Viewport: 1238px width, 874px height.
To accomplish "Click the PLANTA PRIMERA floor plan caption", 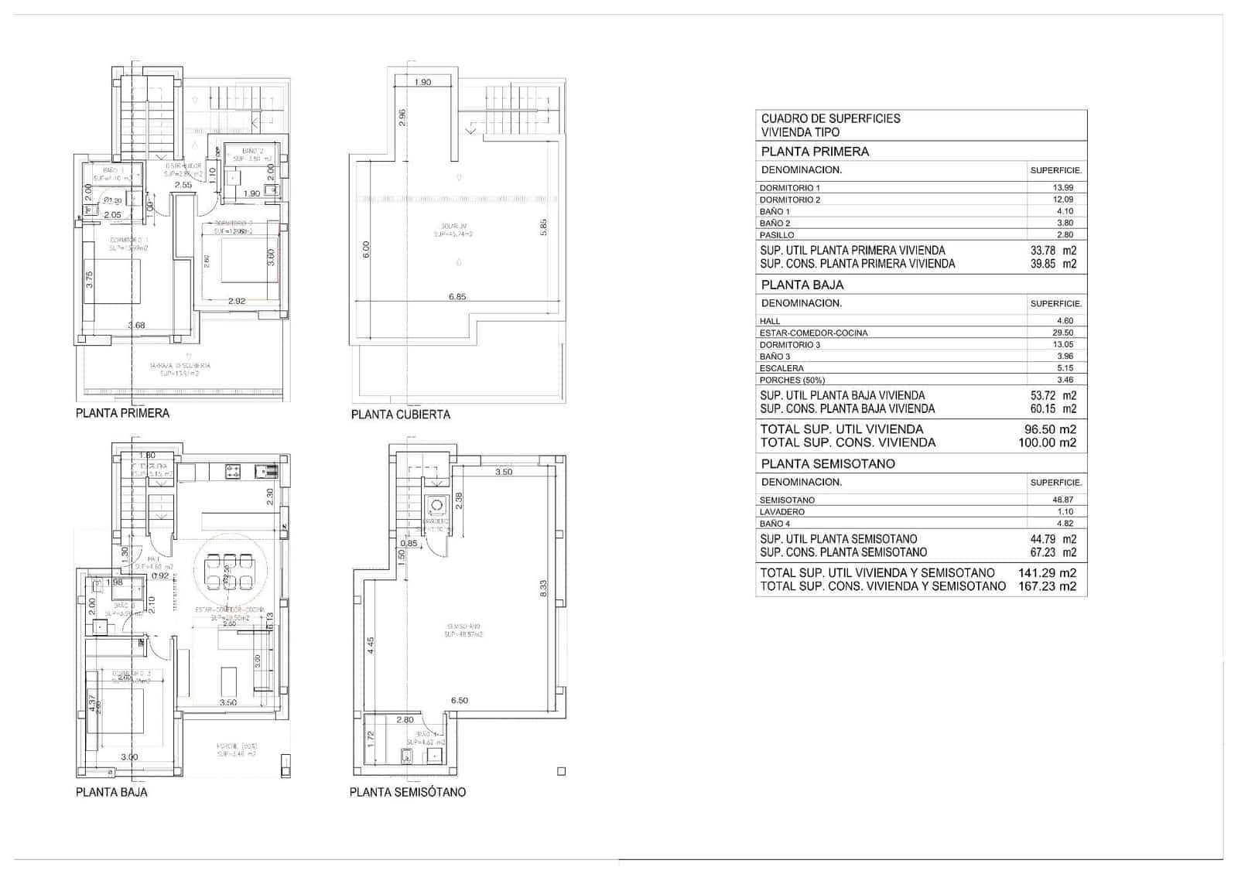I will [122, 413].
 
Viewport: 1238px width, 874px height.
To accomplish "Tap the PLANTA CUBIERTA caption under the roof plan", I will [400, 415].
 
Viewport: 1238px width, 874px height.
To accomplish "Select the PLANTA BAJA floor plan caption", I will [111, 792].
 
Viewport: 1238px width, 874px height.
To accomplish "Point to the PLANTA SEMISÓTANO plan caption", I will [407, 792].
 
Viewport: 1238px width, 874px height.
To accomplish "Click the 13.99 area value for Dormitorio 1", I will [1063, 188].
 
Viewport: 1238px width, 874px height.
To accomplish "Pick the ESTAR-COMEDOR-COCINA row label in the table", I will [813, 333].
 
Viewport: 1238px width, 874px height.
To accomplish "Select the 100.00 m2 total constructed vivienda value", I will [1047, 443].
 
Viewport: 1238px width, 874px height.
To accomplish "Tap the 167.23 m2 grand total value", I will [1047, 586].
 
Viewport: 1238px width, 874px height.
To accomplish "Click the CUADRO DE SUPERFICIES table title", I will [830, 118].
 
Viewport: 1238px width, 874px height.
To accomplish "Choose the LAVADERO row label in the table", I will [781, 512].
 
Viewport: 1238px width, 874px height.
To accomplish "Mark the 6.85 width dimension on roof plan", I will [457, 297].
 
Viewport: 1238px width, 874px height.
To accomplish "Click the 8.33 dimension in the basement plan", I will [543, 589].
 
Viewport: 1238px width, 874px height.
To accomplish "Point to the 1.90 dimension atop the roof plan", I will [422, 82].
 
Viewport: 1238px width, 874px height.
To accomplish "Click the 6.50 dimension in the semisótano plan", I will [459, 701].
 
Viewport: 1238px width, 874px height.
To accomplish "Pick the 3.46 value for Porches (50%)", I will [1065, 381].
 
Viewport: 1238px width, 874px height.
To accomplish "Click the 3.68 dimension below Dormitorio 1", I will [136, 326].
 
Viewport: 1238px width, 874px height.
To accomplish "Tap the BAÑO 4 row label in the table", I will [775, 524].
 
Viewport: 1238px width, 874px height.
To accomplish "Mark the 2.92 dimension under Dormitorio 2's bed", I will [236, 301].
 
